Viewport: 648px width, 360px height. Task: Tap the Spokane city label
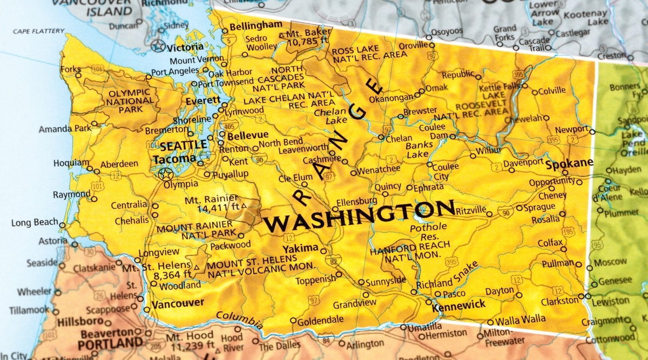tap(569, 162)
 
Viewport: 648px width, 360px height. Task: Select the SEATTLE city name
tap(183, 145)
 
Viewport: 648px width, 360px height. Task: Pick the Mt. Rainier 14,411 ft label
tap(213, 204)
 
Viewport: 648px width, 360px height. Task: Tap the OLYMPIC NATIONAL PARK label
tap(130, 101)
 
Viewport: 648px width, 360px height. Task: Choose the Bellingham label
tap(255, 25)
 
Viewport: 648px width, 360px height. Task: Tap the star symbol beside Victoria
tap(158, 46)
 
